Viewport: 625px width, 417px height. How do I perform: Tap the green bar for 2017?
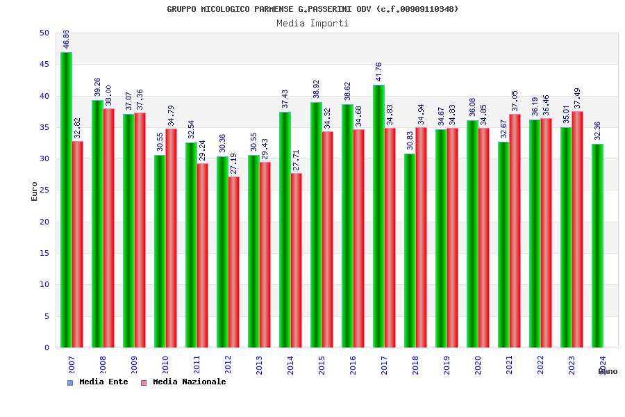point(378,216)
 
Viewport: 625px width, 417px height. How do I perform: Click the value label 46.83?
point(67,39)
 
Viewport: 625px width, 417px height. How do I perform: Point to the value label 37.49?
point(577,98)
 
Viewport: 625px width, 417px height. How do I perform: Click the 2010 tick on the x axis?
point(165,365)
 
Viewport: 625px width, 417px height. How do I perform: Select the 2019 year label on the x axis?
point(447,365)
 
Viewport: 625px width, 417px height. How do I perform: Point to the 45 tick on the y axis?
point(44,65)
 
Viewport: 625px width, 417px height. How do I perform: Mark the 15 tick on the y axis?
point(44,254)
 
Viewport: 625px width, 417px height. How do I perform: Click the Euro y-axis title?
point(35,191)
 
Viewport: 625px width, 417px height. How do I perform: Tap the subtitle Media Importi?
point(312,23)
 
